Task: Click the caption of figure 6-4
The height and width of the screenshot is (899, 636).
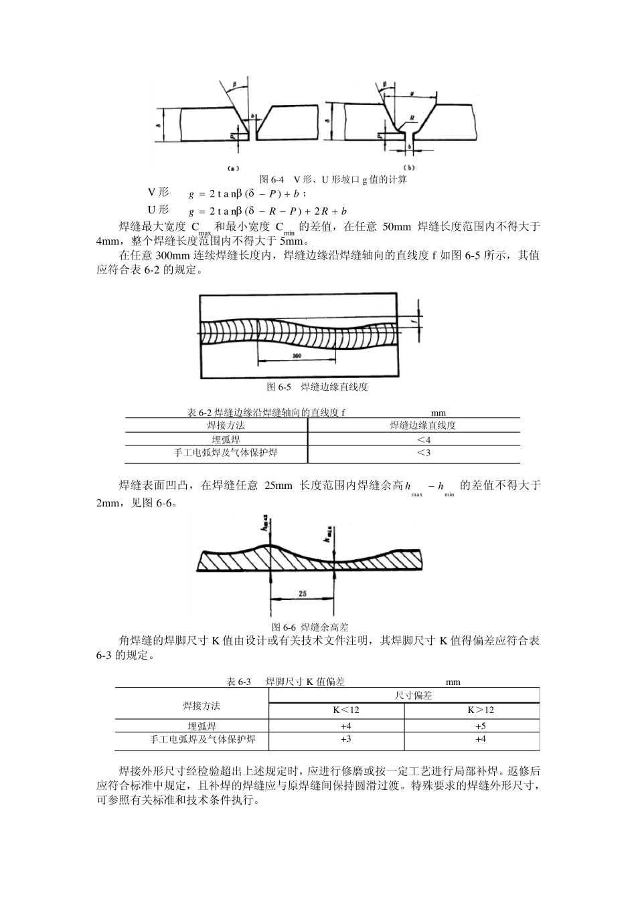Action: pos(333,180)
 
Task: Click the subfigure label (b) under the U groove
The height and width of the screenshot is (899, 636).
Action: pos(408,167)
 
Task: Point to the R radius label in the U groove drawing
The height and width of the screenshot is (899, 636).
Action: pos(413,117)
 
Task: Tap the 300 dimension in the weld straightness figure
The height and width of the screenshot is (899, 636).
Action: pos(297,355)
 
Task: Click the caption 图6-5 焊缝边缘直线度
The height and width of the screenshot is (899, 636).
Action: pos(317,387)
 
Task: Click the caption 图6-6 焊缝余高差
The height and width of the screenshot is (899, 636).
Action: pos(310,627)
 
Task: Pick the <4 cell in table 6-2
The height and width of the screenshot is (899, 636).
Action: pos(423,439)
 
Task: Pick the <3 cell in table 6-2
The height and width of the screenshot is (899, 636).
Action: pos(423,453)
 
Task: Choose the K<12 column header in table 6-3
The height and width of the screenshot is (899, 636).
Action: pos(346,710)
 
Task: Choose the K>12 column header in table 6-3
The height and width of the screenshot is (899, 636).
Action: pos(481,710)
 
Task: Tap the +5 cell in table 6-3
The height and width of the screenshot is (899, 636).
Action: pos(481,726)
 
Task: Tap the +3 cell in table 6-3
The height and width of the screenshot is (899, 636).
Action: pos(345,739)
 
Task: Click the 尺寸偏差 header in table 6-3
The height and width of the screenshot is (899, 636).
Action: pos(414,696)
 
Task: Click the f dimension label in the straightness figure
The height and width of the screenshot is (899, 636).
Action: pos(414,321)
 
